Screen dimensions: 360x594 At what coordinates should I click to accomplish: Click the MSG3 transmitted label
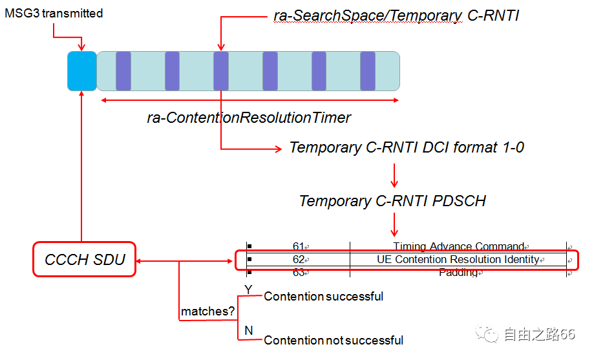[54, 14]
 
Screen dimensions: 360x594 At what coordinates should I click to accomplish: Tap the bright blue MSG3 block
[82, 71]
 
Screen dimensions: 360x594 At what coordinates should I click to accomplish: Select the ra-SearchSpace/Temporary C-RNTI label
[396, 16]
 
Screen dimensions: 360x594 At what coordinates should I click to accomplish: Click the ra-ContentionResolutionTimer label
[249, 118]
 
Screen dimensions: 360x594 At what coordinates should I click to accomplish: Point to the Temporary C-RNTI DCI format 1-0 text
[407, 147]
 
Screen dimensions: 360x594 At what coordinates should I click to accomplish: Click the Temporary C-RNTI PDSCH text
[392, 201]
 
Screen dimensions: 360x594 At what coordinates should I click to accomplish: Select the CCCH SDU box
[85, 260]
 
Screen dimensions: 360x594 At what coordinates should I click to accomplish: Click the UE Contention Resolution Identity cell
[458, 260]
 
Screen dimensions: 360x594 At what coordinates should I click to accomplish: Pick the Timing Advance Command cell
[458, 246]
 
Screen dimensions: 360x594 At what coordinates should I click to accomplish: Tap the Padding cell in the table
[458, 273]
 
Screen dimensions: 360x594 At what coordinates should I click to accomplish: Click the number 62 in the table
[298, 260]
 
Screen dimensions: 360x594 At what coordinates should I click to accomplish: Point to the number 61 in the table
[298, 246]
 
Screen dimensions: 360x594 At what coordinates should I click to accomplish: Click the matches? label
[207, 312]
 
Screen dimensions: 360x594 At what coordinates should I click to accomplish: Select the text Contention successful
[323, 297]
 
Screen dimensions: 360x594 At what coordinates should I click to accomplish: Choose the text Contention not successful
[334, 340]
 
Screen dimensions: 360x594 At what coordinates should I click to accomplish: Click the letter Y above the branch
[248, 289]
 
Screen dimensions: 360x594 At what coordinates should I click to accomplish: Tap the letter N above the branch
[249, 331]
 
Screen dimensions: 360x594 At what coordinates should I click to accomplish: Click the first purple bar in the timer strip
[123, 71]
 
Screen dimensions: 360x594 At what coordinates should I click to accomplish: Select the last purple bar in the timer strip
[368, 71]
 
